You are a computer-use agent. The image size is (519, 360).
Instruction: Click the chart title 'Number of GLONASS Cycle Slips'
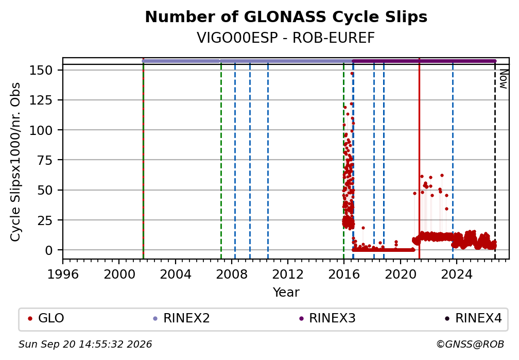click(x=286, y=17)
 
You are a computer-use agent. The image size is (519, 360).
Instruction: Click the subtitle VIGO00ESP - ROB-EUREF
click(x=286, y=38)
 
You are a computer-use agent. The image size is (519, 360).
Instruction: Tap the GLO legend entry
click(x=46, y=318)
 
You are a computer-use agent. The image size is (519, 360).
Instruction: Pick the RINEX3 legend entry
click(x=327, y=318)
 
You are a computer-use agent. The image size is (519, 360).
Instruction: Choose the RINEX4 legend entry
click(x=473, y=318)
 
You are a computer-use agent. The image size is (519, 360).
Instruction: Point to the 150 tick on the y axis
click(x=41, y=70)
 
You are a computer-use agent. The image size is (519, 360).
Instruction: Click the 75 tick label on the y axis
click(x=45, y=160)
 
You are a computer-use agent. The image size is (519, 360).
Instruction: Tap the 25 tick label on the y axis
click(x=45, y=220)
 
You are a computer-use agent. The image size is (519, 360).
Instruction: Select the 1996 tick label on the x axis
click(x=63, y=274)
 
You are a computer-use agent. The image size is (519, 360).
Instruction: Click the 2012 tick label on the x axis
click(x=288, y=274)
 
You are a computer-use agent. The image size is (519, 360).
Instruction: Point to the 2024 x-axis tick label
click(x=456, y=274)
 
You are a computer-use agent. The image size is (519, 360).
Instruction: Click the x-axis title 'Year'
click(x=286, y=293)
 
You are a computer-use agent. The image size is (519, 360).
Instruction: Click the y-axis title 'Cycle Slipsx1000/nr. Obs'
click(x=15, y=162)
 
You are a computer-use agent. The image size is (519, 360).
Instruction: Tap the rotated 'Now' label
click(x=503, y=79)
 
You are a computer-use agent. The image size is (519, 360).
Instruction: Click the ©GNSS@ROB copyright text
click(x=470, y=345)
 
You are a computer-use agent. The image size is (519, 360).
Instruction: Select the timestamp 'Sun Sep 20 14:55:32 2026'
click(x=85, y=345)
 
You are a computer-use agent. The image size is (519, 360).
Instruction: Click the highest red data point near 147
click(x=352, y=74)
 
